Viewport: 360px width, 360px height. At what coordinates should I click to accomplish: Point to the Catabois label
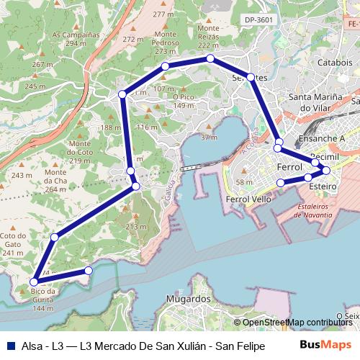click(334, 63)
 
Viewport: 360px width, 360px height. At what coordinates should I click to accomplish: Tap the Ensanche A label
click(322, 138)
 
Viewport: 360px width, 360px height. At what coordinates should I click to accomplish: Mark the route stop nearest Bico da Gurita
click(34, 282)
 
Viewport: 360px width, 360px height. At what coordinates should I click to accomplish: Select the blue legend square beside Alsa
click(9, 346)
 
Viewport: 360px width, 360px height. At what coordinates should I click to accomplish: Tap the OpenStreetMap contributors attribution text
click(297, 323)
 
